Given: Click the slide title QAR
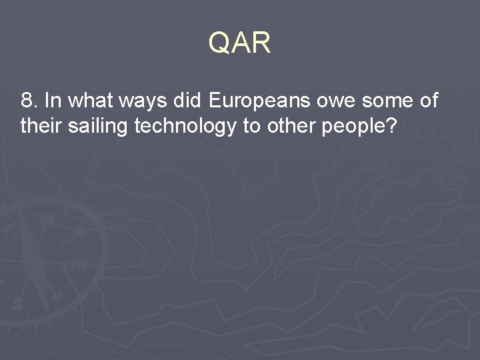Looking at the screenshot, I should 239,43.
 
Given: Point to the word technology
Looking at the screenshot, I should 185,126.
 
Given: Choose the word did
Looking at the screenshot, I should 189,101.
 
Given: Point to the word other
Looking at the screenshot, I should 291,126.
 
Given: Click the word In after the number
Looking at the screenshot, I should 53,101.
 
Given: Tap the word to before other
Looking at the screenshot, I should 251,126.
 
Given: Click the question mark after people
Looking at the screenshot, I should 391,126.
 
